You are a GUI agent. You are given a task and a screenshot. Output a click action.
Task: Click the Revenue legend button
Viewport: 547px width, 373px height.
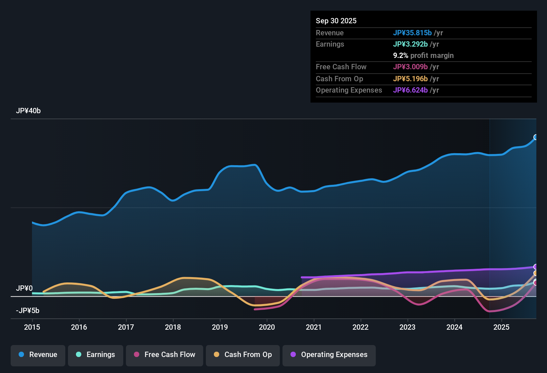(x=38, y=355)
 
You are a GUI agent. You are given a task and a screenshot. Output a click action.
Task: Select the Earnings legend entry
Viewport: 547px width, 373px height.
(x=96, y=355)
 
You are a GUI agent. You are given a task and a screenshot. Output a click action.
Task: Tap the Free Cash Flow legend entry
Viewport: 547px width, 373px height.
(x=165, y=355)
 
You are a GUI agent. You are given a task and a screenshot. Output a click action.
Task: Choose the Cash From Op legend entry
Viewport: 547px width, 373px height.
(x=243, y=355)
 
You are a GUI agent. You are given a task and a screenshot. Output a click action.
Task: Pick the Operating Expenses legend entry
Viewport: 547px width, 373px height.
(x=329, y=355)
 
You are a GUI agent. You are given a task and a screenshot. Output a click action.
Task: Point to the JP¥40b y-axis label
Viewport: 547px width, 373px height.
(x=28, y=111)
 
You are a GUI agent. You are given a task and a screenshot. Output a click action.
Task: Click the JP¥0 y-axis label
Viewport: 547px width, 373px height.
(x=24, y=288)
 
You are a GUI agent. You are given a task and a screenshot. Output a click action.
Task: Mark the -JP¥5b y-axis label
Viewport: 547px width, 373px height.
(x=28, y=311)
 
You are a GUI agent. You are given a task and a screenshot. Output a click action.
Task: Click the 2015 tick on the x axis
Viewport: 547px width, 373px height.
(x=32, y=327)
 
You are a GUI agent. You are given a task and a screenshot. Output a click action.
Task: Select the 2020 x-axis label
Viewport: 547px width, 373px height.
(x=267, y=327)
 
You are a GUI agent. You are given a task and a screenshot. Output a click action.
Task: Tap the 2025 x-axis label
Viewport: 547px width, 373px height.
(x=501, y=327)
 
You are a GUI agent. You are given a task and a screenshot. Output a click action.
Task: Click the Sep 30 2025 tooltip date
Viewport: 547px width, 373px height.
(x=336, y=21)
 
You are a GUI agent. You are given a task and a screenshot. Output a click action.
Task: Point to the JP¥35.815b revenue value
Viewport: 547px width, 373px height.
(x=412, y=33)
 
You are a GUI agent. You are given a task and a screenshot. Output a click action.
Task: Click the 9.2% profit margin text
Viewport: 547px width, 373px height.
(x=423, y=56)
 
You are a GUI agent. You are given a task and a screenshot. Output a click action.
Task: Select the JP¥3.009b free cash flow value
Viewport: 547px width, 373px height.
(x=410, y=67)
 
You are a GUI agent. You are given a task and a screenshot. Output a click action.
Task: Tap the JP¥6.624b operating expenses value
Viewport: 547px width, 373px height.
(x=410, y=90)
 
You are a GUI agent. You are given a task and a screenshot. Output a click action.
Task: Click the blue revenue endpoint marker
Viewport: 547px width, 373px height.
(x=536, y=137)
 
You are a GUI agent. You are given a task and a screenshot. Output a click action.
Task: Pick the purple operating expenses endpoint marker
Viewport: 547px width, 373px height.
(x=536, y=267)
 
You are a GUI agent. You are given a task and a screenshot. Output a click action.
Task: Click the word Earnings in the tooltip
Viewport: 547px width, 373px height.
(x=330, y=44)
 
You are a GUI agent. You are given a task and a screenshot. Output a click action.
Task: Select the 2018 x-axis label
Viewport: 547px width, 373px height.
(x=173, y=327)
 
